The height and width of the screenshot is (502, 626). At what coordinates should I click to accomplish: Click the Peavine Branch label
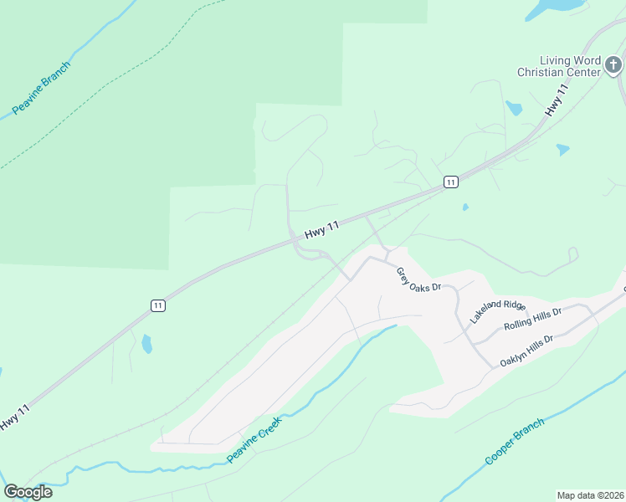pyautogui.click(x=42, y=88)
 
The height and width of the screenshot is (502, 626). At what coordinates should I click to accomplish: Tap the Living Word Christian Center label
pyautogui.click(x=559, y=66)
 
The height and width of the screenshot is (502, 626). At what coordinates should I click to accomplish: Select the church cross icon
pyautogui.click(x=613, y=64)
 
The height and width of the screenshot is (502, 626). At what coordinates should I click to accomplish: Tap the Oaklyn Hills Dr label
pyautogui.click(x=527, y=351)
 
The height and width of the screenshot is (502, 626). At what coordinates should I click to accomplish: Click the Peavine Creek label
pyautogui.click(x=254, y=439)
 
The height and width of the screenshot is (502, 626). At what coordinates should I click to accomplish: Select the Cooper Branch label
pyautogui.click(x=515, y=441)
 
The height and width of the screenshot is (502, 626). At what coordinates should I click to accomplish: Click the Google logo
pyautogui.click(x=28, y=492)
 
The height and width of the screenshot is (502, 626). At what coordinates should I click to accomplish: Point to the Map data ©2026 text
pyautogui.click(x=591, y=495)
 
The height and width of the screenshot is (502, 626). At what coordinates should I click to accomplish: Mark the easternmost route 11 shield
pyautogui.click(x=450, y=182)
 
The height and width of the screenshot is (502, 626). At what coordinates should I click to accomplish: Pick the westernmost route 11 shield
pyautogui.click(x=157, y=305)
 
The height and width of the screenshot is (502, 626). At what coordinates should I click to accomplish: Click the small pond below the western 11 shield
pyautogui.click(x=147, y=343)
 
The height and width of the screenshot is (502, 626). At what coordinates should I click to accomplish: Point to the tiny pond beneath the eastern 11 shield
pyautogui.click(x=464, y=207)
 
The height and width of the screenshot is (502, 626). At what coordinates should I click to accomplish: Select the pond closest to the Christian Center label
pyautogui.click(x=514, y=108)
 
